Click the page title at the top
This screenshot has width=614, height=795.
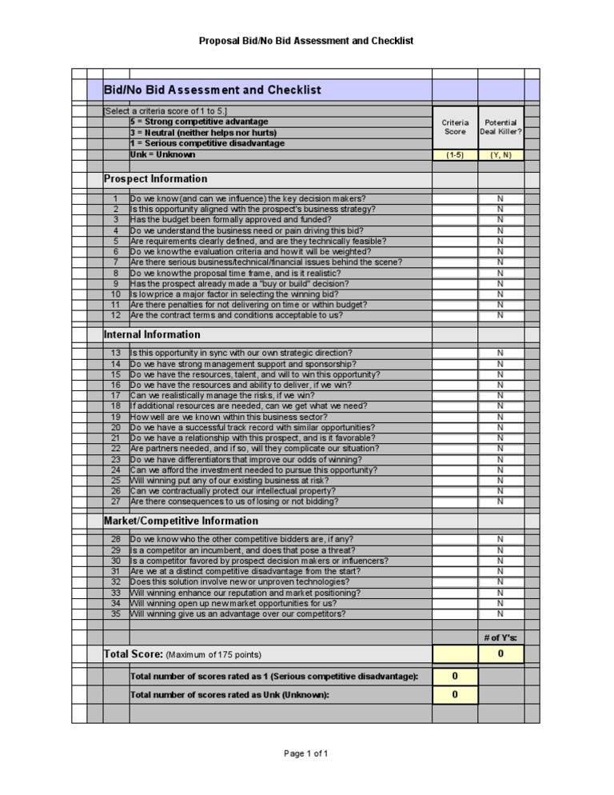click(306, 41)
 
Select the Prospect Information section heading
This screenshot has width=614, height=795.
click(156, 179)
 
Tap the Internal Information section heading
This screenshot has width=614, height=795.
click(153, 334)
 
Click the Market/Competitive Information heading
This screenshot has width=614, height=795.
click(181, 521)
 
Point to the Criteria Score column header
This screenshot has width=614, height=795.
click(455, 127)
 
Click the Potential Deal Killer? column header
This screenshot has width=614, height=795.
click(500, 127)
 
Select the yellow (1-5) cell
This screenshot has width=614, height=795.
click(455, 155)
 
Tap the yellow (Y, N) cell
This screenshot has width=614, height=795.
click(500, 155)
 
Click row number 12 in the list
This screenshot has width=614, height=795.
click(115, 315)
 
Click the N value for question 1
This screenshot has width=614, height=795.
click(500, 198)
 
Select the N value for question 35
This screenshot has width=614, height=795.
click(500, 614)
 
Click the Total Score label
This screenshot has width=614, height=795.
click(134, 655)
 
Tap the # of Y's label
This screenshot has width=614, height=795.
click(500, 637)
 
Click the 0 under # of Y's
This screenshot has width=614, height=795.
click(500, 655)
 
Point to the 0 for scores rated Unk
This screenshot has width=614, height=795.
click(455, 695)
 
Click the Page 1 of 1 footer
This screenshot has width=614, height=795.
click(306, 753)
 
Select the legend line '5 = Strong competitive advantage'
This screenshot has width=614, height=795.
click(188, 122)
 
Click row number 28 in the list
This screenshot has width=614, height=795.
click(115, 540)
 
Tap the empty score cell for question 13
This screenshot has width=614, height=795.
click(455, 354)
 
